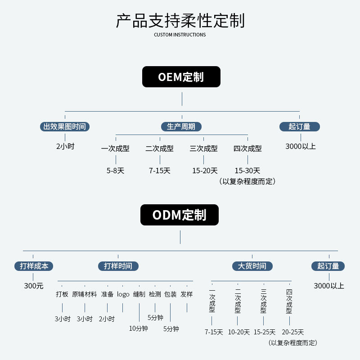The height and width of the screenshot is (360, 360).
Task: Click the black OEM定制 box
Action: [x=181, y=77]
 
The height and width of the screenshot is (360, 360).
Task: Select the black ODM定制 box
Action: [x=179, y=215]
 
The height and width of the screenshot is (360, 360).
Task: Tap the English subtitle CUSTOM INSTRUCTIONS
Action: [x=180, y=35]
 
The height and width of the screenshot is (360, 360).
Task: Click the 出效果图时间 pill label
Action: [x=65, y=126]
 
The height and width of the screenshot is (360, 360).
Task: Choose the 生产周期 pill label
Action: [x=181, y=126]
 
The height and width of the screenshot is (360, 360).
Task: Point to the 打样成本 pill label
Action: [x=33, y=266]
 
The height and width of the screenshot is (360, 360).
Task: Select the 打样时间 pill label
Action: [x=118, y=266]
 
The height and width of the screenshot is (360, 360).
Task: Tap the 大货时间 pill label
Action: [x=252, y=266]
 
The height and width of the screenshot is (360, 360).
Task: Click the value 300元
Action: [x=34, y=286]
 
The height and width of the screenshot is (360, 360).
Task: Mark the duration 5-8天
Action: [x=115, y=171]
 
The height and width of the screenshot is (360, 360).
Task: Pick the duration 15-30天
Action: [x=247, y=171]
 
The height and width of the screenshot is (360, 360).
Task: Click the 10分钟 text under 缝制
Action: [x=139, y=328]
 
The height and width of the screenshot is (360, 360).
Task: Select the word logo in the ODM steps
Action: [x=123, y=294]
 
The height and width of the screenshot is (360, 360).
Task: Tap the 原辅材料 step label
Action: [x=85, y=294]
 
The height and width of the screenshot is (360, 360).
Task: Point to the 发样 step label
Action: [x=187, y=294]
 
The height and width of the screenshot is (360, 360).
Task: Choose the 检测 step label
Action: [x=155, y=294]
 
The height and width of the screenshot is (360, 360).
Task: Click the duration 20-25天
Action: [x=293, y=332]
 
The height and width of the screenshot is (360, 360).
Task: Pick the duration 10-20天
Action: [x=239, y=332]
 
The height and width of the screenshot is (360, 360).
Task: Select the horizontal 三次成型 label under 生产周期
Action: [x=203, y=148]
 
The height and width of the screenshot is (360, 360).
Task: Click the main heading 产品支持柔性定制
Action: [x=180, y=21]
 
